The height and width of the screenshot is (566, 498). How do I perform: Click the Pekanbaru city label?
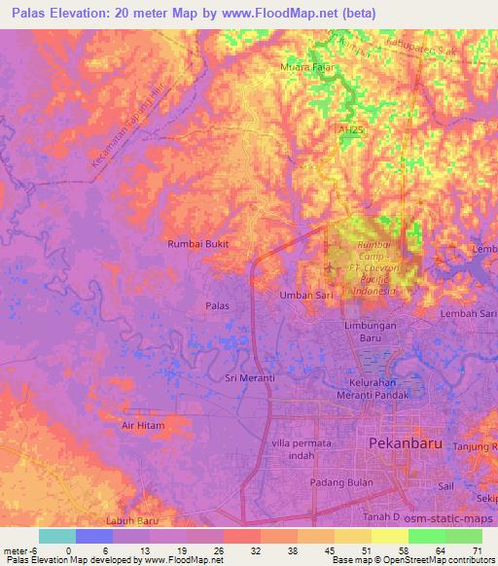[407, 442]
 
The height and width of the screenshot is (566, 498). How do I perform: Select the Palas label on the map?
[217, 305]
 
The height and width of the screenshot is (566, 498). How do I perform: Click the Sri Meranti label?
[245, 378]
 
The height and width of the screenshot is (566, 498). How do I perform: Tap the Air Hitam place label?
[143, 426]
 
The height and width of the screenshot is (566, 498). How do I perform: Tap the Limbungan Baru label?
[372, 333]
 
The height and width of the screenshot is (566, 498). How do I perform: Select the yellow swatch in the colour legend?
[390, 536]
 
